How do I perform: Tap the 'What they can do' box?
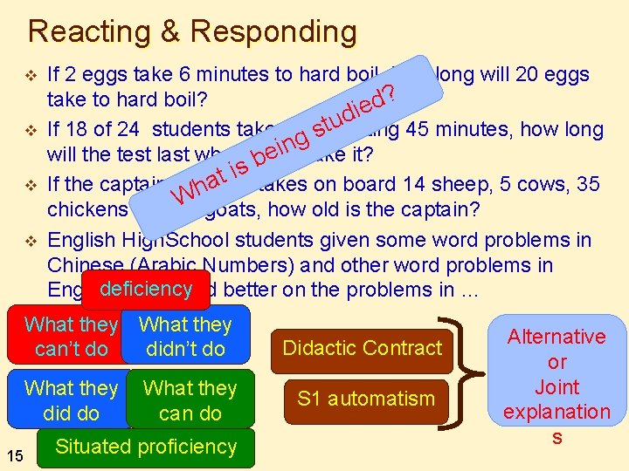tap(190, 399)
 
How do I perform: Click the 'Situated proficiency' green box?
tap(145, 447)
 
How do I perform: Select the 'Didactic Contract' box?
tap(363, 348)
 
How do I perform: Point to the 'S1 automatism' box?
tap(365, 399)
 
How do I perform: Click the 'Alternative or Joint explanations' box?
tap(556, 386)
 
